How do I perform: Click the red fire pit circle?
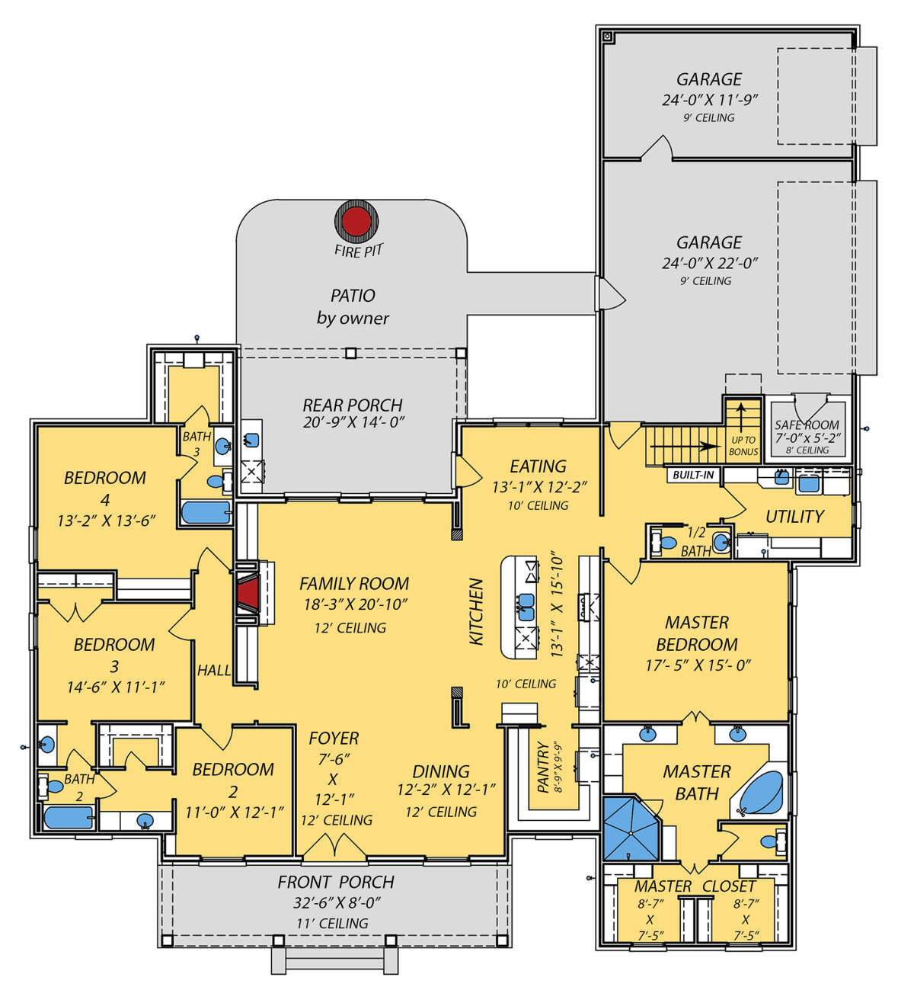[x=356, y=220]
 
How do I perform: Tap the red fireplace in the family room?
[x=248, y=593]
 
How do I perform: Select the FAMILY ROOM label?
[x=354, y=584]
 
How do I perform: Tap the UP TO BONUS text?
[x=743, y=446]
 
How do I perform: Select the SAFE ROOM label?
[x=807, y=425]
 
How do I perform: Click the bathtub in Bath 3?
[x=206, y=512]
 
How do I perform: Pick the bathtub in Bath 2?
[x=69, y=818]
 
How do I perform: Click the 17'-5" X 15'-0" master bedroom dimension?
[x=698, y=665]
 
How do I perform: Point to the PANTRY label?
[x=543, y=767]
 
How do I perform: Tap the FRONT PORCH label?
[x=336, y=882]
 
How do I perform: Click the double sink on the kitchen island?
[x=526, y=607]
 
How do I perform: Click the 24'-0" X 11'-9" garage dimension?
[x=710, y=100]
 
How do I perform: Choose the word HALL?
[x=214, y=671]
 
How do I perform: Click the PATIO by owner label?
[x=353, y=306]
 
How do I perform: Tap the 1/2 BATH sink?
[x=720, y=542]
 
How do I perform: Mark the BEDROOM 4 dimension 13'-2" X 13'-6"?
[x=106, y=521]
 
